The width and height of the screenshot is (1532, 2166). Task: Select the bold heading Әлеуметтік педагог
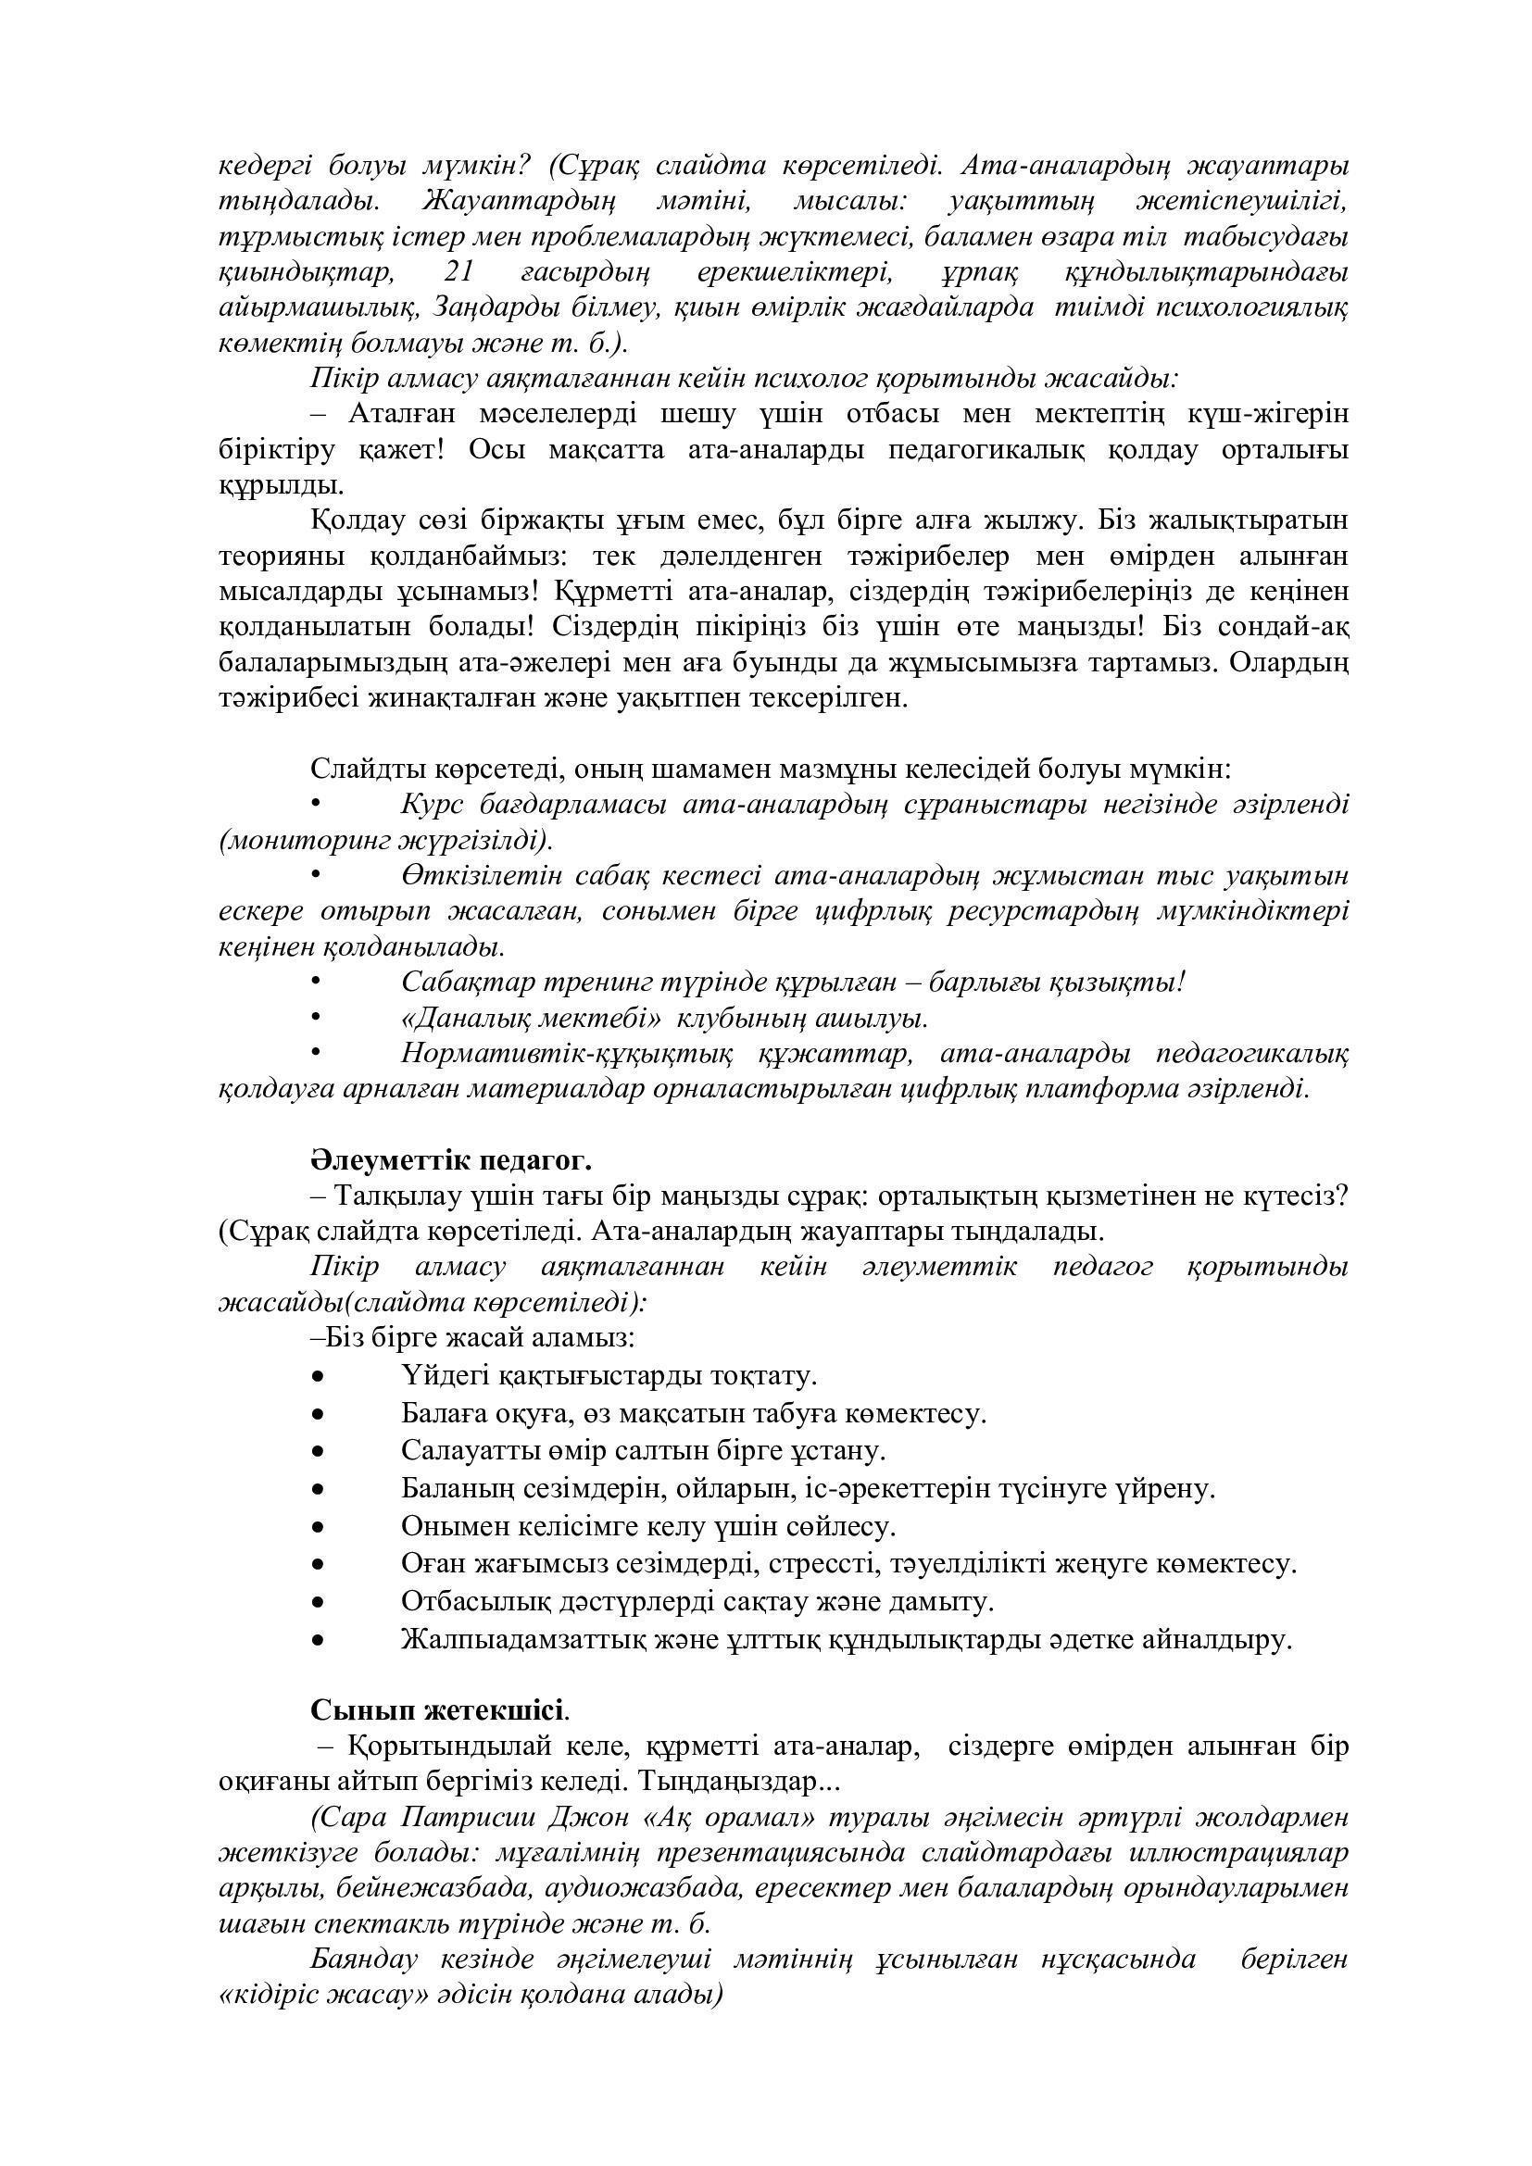tap(451, 1158)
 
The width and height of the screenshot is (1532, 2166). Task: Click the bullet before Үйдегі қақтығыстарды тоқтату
tap(318, 1376)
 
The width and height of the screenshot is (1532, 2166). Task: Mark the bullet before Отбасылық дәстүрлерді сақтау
tap(318, 1602)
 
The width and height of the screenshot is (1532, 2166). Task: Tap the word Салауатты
tap(459, 1450)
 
